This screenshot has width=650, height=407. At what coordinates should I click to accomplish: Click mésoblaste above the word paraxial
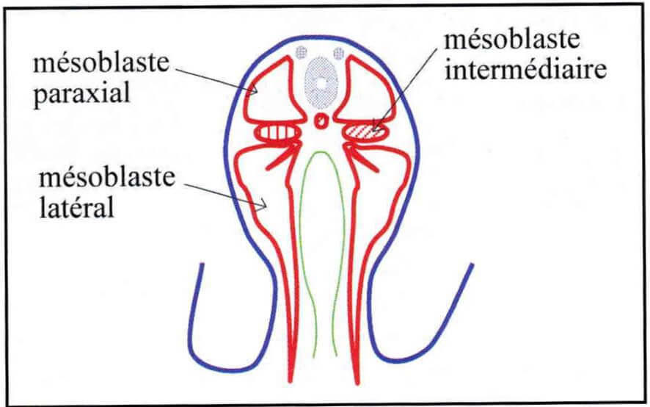point(101,63)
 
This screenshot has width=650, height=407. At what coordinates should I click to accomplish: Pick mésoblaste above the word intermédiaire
point(511,40)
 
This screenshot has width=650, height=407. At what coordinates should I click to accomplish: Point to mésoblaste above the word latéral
point(107,178)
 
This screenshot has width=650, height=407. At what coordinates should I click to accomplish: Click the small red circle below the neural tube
point(321,121)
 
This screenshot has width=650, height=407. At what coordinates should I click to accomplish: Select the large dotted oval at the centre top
point(321,82)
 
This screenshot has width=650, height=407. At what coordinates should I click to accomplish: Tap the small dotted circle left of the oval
point(302,53)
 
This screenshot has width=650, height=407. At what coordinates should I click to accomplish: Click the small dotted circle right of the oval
point(339,53)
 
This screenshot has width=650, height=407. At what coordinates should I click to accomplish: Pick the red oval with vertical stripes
point(278,133)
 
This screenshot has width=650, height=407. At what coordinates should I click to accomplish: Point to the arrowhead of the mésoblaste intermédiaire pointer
point(374,126)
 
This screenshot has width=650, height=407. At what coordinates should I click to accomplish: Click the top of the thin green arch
point(320,152)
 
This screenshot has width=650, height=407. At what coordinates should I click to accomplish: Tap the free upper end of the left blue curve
point(202,264)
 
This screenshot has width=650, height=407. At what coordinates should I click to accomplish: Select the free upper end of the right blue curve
point(472,264)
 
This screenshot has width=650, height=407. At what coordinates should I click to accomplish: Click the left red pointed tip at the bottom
point(291,381)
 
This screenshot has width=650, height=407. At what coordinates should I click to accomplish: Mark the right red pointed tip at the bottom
point(357,383)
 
